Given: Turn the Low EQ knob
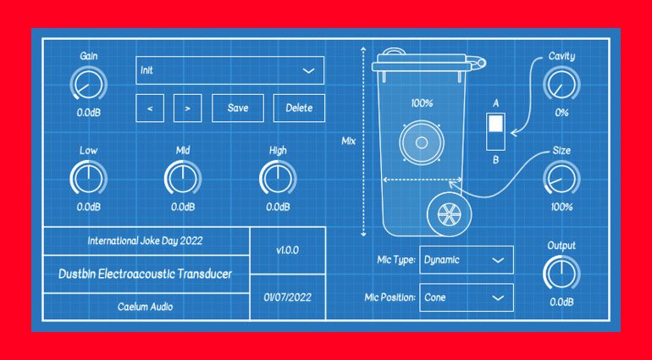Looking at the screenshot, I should (87, 179).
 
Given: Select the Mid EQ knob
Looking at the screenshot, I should (182, 179).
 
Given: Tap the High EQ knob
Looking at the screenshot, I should (277, 179).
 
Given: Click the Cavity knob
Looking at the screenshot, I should (561, 85).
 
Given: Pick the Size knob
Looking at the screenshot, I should (561, 179).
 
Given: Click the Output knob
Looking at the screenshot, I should (561, 274).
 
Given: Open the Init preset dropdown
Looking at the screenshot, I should (229, 70).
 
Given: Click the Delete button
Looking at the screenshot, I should (298, 108).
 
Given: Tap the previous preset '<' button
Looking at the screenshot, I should (150, 108).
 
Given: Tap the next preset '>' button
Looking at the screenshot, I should (187, 108).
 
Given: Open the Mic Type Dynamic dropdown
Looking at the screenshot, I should (466, 260).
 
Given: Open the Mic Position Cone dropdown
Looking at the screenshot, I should (466, 297).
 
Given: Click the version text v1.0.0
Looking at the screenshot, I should (287, 251).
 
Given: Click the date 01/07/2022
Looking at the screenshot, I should (287, 297).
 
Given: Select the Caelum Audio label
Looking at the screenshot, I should (145, 307).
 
